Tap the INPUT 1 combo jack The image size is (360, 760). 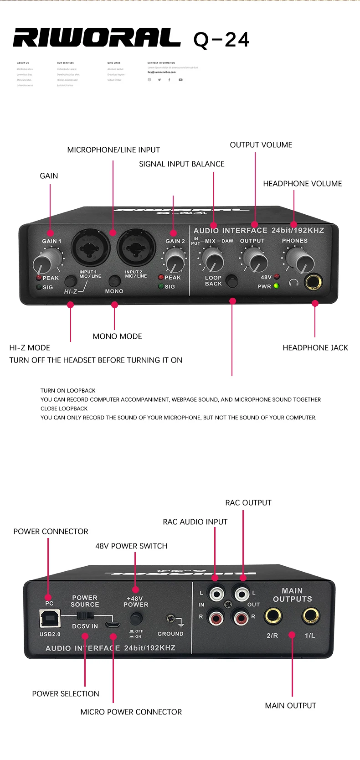91,248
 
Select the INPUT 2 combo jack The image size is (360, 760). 136,248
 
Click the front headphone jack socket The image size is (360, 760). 314,282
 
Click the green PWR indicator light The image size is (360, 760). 276,286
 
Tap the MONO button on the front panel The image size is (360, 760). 114,281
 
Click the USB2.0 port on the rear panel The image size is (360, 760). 50,618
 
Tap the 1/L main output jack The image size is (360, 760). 310,616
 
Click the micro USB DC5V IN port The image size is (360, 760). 113,624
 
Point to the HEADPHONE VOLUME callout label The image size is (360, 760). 302,184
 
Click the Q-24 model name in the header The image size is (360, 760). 221,40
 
